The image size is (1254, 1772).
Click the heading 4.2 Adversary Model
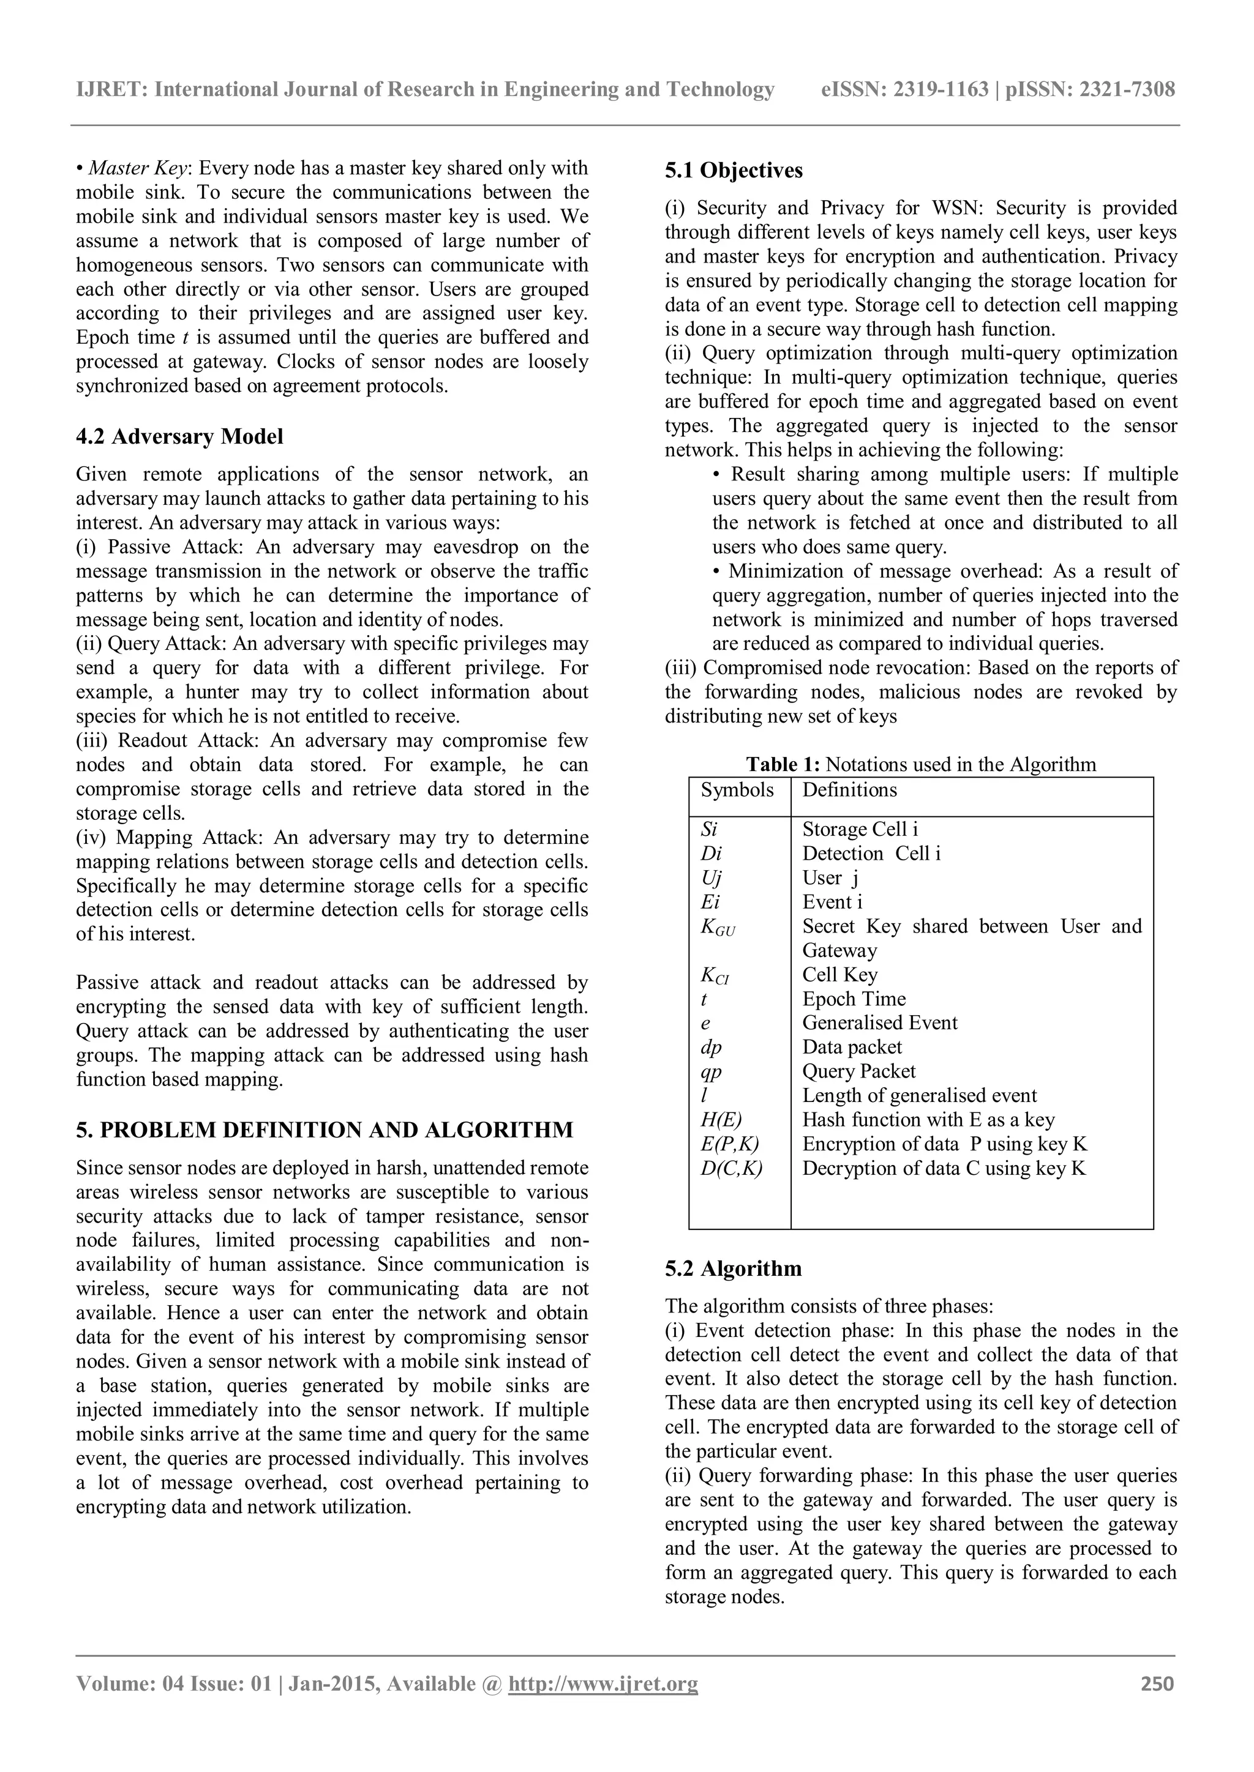pos(179,437)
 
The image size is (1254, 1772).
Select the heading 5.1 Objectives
pos(734,171)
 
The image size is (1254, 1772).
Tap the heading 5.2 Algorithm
pos(733,1269)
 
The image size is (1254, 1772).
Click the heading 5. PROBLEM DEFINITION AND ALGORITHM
pos(325,1130)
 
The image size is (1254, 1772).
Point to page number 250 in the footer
pos(1157,1683)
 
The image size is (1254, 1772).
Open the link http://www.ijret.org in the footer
pos(603,1683)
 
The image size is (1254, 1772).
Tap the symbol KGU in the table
pos(718,927)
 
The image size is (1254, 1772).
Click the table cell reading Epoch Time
pos(853,999)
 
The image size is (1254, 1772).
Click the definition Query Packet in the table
pos(858,1071)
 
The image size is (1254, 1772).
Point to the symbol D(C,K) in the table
pos(730,1169)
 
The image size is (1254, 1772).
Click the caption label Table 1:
pos(782,765)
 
